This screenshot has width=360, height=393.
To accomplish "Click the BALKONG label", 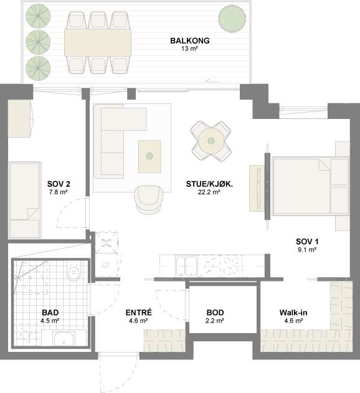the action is tap(190, 40).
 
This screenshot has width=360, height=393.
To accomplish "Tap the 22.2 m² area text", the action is tap(209, 192).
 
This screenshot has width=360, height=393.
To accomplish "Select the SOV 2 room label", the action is tap(59, 184).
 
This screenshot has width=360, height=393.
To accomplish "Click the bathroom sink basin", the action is tap(64, 339).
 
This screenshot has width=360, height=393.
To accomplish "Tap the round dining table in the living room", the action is tap(211, 141).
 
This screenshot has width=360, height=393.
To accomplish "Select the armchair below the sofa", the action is tap(149, 200).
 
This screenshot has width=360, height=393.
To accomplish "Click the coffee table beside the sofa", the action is tap(149, 156).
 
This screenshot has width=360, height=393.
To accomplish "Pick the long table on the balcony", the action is tap(98, 42).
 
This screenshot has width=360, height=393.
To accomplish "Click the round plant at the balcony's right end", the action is tap(232, 19).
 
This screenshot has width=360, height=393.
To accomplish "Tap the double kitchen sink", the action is tap(186, 266).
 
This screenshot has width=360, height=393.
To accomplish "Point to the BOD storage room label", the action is tap(215, 313).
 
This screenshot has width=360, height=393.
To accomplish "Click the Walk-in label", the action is tap(293, 313).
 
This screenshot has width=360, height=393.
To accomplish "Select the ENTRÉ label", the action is tap(139, 312).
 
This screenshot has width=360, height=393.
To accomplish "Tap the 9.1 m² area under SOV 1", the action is tap(307, 250).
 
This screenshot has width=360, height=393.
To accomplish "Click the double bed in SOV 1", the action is tap(311, 186).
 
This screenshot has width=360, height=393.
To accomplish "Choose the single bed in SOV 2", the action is tap(25, 200).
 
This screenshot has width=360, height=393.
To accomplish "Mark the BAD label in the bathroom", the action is tap(50, 313).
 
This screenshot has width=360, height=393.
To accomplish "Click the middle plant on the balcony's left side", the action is tap(38, 42).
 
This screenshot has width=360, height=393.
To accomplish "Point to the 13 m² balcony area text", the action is tap(190, 49).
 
